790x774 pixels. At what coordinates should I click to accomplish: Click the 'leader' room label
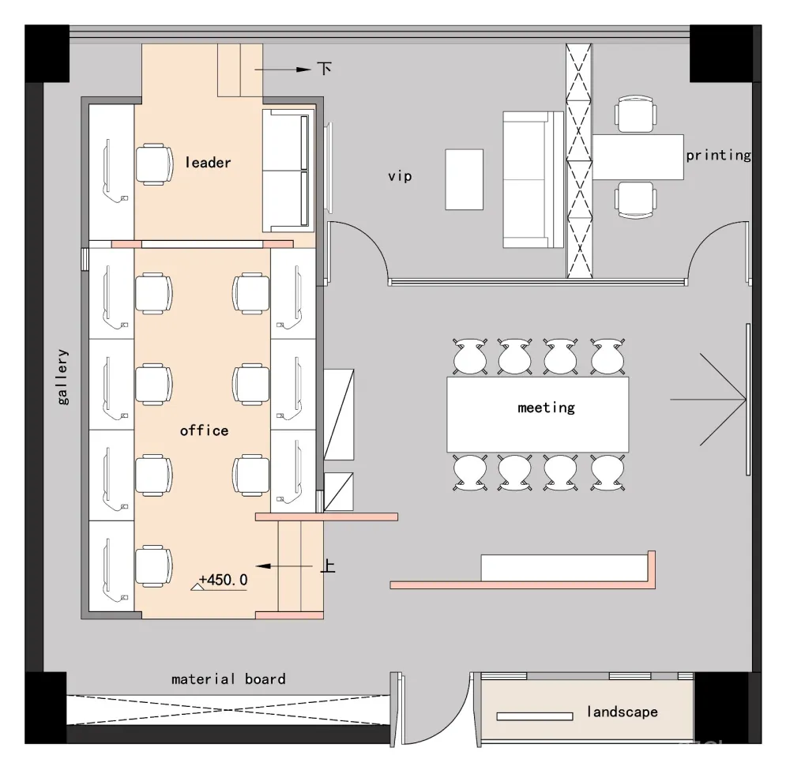208,163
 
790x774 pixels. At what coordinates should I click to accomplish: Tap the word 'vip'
400,176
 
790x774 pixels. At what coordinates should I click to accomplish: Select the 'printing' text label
718,155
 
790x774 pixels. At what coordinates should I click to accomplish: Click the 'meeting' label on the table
546,408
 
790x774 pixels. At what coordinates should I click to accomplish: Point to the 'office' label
204,430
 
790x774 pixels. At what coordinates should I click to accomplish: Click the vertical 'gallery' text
63,377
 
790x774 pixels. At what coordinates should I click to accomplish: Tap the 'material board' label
228,679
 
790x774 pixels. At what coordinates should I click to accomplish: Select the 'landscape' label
622,712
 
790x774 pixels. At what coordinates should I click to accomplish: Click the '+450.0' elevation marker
223,580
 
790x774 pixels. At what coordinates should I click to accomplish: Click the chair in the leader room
154,164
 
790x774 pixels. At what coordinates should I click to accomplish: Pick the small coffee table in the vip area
464,179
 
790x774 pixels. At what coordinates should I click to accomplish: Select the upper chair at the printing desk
635,114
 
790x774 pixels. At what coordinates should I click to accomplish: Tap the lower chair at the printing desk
635,199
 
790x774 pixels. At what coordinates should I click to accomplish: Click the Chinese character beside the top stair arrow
324,69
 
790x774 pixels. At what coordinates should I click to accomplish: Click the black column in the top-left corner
47,54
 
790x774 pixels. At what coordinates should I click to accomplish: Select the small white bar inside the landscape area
535,716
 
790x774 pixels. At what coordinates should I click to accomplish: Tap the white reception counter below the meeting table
564,566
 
